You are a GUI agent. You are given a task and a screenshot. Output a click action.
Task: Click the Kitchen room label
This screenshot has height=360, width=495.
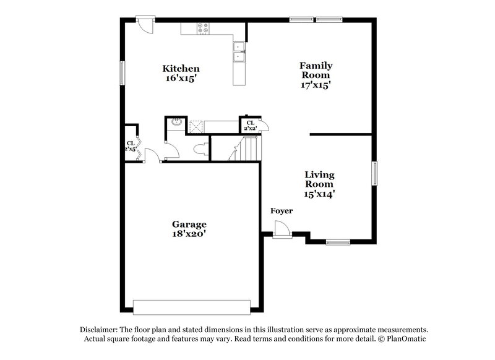[181, 68]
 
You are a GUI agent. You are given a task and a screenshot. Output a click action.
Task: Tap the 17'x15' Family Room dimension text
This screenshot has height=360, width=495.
[316, 86]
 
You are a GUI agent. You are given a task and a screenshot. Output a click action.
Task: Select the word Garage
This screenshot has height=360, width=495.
[189, 224]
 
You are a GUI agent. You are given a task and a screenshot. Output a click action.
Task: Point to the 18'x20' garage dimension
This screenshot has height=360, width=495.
[189, 234]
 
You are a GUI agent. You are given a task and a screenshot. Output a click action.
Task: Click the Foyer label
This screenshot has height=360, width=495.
[282, 212]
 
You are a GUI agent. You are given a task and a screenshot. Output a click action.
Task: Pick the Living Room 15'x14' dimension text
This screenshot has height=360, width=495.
[320, 194]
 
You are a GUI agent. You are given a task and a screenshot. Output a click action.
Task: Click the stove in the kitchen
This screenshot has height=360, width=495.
[203, 28]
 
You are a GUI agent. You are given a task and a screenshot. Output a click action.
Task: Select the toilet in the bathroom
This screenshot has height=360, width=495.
[200, 150]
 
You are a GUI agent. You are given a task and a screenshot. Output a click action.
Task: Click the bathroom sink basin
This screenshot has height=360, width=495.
[176, 122]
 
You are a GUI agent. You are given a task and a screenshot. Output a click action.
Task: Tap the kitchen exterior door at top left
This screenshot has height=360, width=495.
[145, 24]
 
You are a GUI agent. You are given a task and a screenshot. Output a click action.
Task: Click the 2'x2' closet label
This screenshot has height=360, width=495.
[251, 126]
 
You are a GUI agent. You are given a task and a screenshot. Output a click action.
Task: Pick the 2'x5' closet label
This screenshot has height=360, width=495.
[130, 146]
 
